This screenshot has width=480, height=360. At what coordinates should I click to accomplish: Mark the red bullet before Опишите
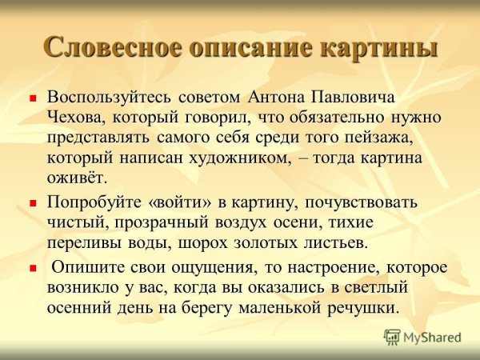coord(34,269)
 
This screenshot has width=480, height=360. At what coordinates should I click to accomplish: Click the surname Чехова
coord(74,117)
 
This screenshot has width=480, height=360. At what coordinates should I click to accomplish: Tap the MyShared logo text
coord(432,337)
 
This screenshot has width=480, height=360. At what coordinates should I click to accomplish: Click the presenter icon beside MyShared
coord(392,337)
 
